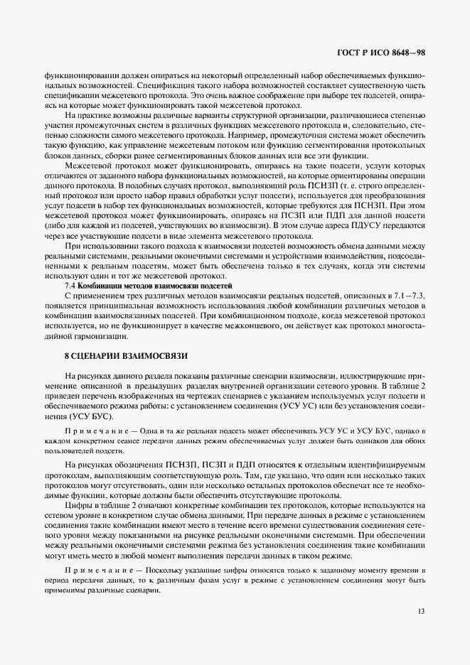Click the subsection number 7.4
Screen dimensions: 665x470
pos(71,284)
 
